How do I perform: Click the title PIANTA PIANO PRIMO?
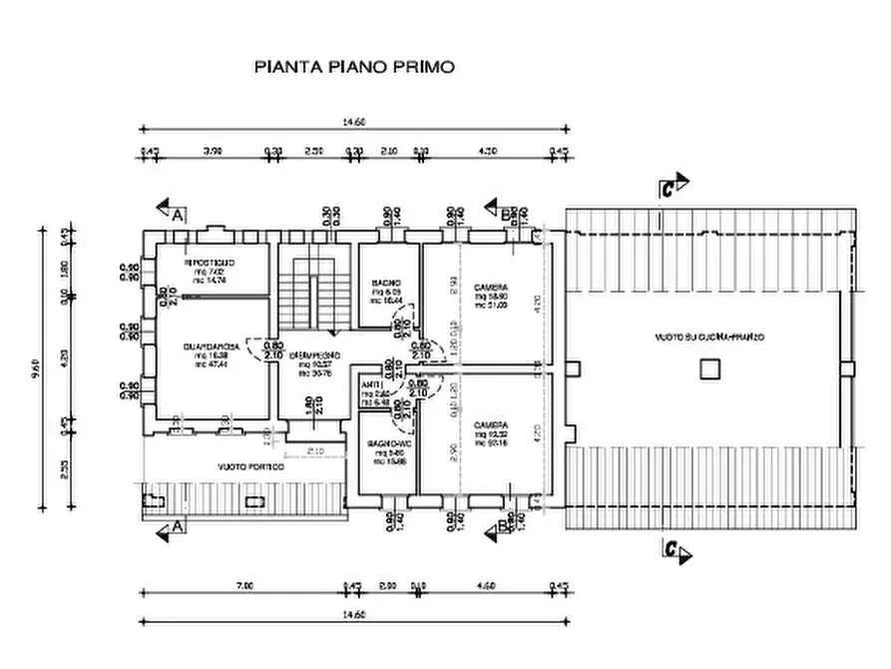(355, 68)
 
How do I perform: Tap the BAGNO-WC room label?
(385, 442)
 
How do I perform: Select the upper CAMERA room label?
(491, 283)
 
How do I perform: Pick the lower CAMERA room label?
(491, 423)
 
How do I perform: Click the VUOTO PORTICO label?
(251, 467)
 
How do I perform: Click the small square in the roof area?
(707, 370)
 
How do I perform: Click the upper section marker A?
(172, 212)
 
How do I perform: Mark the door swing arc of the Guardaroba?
(261, 348)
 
